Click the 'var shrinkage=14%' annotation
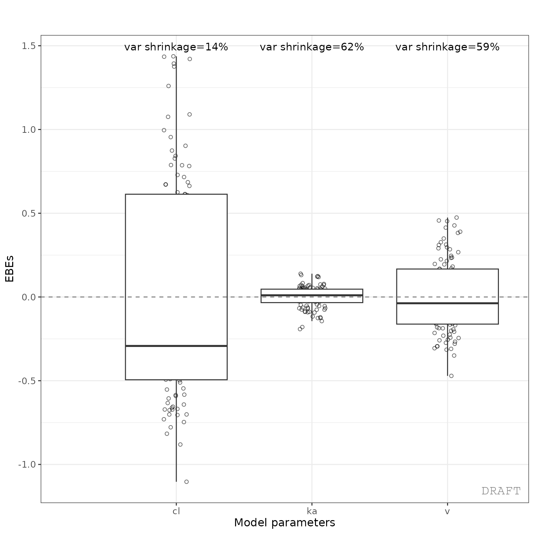pos(176,47)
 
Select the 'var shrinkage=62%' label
pos(311,47)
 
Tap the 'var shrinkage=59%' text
pos(447,47)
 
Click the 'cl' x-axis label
pos(176,511)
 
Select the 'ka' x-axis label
pos(311,511)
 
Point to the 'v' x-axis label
pos(447,512)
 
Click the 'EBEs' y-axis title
pos(9,268)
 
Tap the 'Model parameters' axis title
pos(284,523)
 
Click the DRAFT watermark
pos(501,491)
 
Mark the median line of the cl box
pos(176,346)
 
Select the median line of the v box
pos(447,303)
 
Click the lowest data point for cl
pos(186,482)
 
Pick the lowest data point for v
pos(451,376)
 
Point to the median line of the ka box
pos(312,295)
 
